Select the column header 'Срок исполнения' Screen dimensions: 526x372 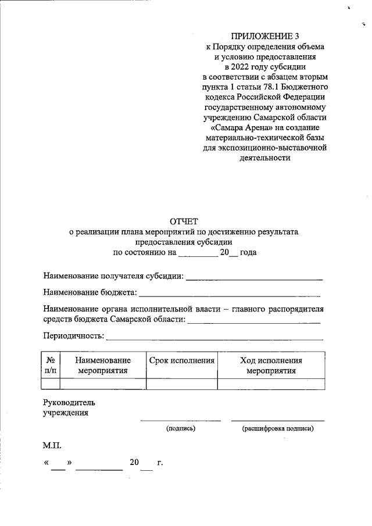click(x=182, y=361)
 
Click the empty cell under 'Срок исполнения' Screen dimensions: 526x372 click(x=182, y=383)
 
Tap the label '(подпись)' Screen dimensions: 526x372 click(x=181, y=429)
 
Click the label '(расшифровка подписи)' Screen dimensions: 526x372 click(x=278, y=429)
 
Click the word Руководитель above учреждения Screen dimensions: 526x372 click(x=69, y=402)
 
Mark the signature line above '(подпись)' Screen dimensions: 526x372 click(x=181, y=420)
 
